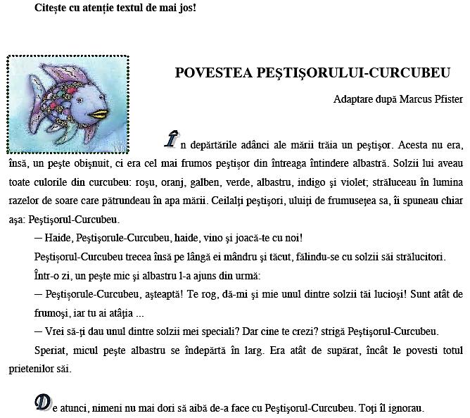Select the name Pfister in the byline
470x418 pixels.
(445, 99)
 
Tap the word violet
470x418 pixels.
(386, 163)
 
